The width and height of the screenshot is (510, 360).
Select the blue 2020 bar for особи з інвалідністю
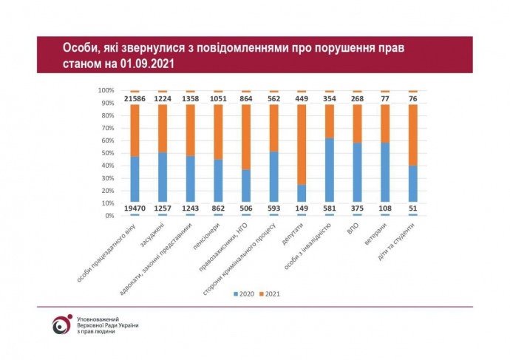(x=329, y=170)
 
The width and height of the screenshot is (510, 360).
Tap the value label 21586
(x=135, y=98)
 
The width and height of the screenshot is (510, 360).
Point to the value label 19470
(x=135, y=208)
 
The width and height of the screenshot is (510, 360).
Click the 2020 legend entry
(x=244, y=293)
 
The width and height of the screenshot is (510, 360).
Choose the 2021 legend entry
(x=273, y=293)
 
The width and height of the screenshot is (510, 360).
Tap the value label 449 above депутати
(x=301, y=98)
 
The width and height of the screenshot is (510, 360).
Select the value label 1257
(x=163, y=208)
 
